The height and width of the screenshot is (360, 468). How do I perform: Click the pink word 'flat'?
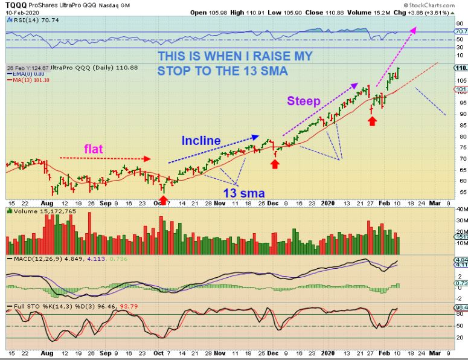(x=97, y=149)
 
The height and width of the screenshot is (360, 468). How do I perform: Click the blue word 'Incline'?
(x=202, y=140)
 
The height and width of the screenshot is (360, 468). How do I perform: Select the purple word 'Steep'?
(x=303, y=100)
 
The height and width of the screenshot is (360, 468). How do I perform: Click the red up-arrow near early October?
(x=163, y=200)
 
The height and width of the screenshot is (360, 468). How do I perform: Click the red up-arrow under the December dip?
(x=275, y=163)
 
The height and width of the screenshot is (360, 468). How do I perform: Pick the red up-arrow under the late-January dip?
(x=373, y=121)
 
